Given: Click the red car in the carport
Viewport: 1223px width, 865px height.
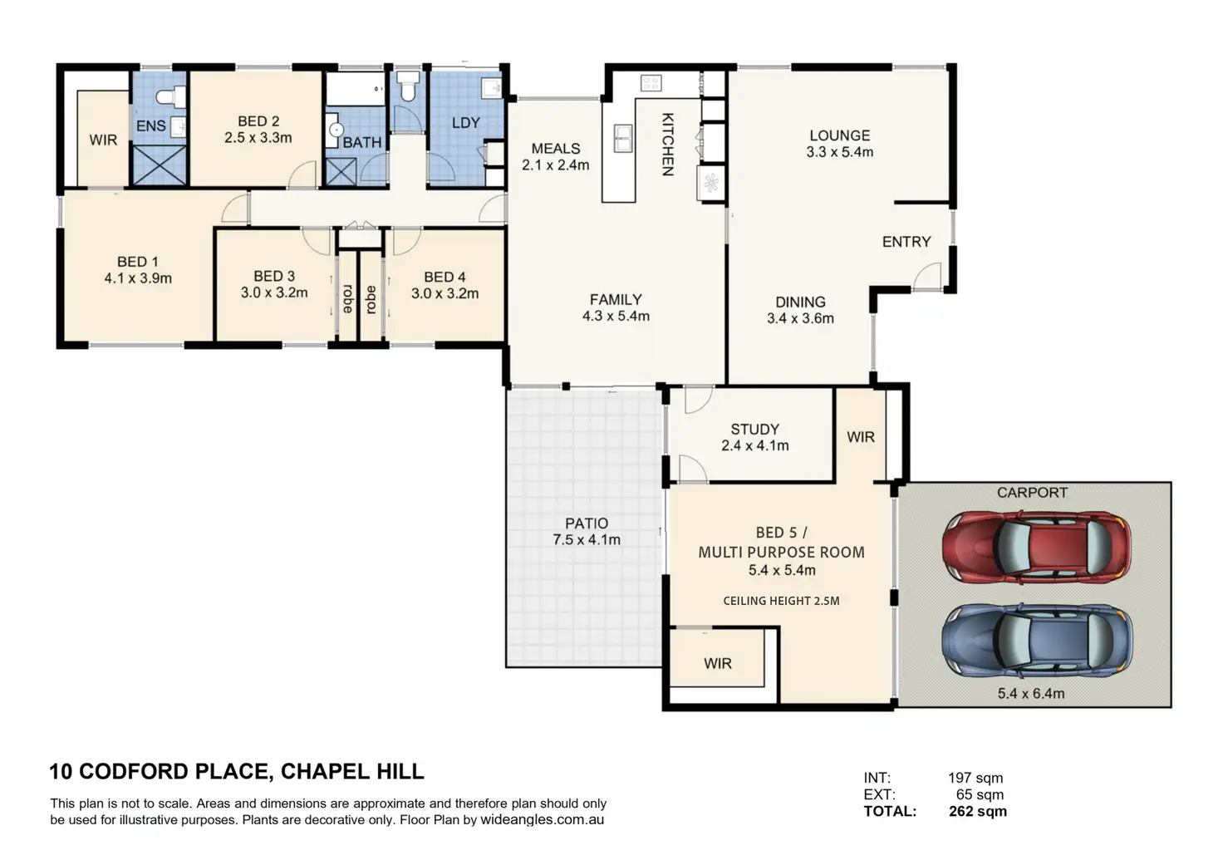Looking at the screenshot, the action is coord(1036,548).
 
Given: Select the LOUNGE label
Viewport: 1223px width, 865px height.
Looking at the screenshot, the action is coord(840,135).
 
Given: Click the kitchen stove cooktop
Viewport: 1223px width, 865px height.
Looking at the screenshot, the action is coord(651,83).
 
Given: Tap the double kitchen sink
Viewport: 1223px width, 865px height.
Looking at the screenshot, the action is coord(622,138).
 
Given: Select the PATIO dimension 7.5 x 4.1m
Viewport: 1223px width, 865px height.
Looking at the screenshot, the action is coord(587,540).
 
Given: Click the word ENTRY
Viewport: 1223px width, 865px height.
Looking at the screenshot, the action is coord(906,241).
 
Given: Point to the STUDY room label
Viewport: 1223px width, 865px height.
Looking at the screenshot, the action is coord(755,430).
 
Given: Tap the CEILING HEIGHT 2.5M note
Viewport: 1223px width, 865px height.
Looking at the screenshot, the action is coord(781,601).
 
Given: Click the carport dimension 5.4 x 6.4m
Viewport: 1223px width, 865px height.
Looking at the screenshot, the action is coord(1031,694).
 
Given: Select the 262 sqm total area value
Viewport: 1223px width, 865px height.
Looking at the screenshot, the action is coord(978,812).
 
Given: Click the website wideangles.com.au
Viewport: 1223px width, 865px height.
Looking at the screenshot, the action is coord(543,819).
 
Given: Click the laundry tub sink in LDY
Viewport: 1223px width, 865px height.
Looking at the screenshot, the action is coord(492,88).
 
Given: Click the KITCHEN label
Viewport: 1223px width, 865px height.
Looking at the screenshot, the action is coord(667,145).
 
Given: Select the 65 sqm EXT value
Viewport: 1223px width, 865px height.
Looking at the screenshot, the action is coord(980,794).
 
